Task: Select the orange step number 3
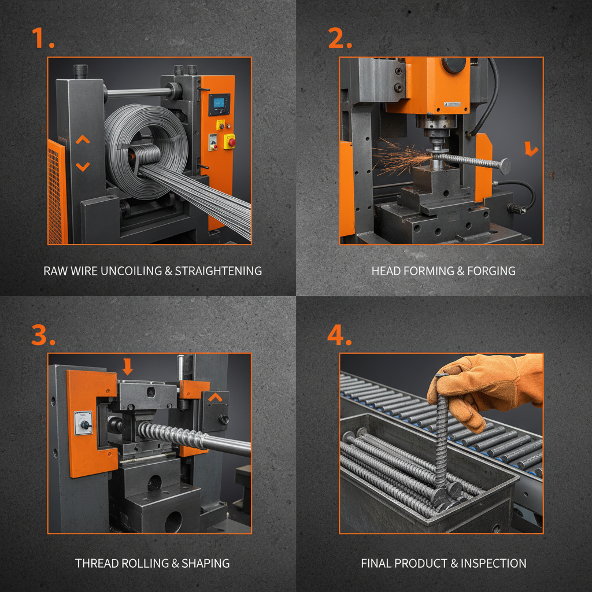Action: (x=42, y=334)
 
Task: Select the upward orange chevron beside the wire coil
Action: (x=83, y=140)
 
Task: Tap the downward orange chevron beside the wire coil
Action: (x=83, y=166)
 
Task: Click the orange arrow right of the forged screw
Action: (x=531, y=150)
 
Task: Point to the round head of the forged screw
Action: (x=505, y=166)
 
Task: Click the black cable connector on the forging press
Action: (x=514, y=208)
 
